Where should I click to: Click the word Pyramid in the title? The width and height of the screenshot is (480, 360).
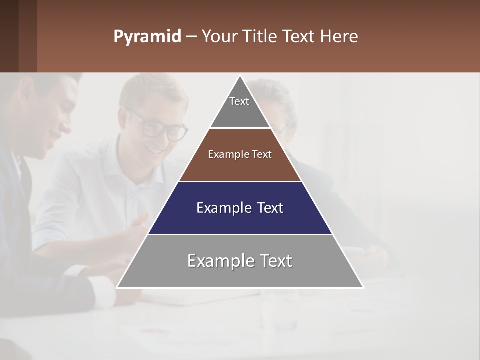(x=147, y=37)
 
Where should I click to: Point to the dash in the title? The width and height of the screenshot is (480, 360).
(x=191, y=37)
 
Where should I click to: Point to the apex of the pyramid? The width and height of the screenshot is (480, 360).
(x=240, y=76)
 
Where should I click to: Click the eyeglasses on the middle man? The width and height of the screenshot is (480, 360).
(x=160, y=127)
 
